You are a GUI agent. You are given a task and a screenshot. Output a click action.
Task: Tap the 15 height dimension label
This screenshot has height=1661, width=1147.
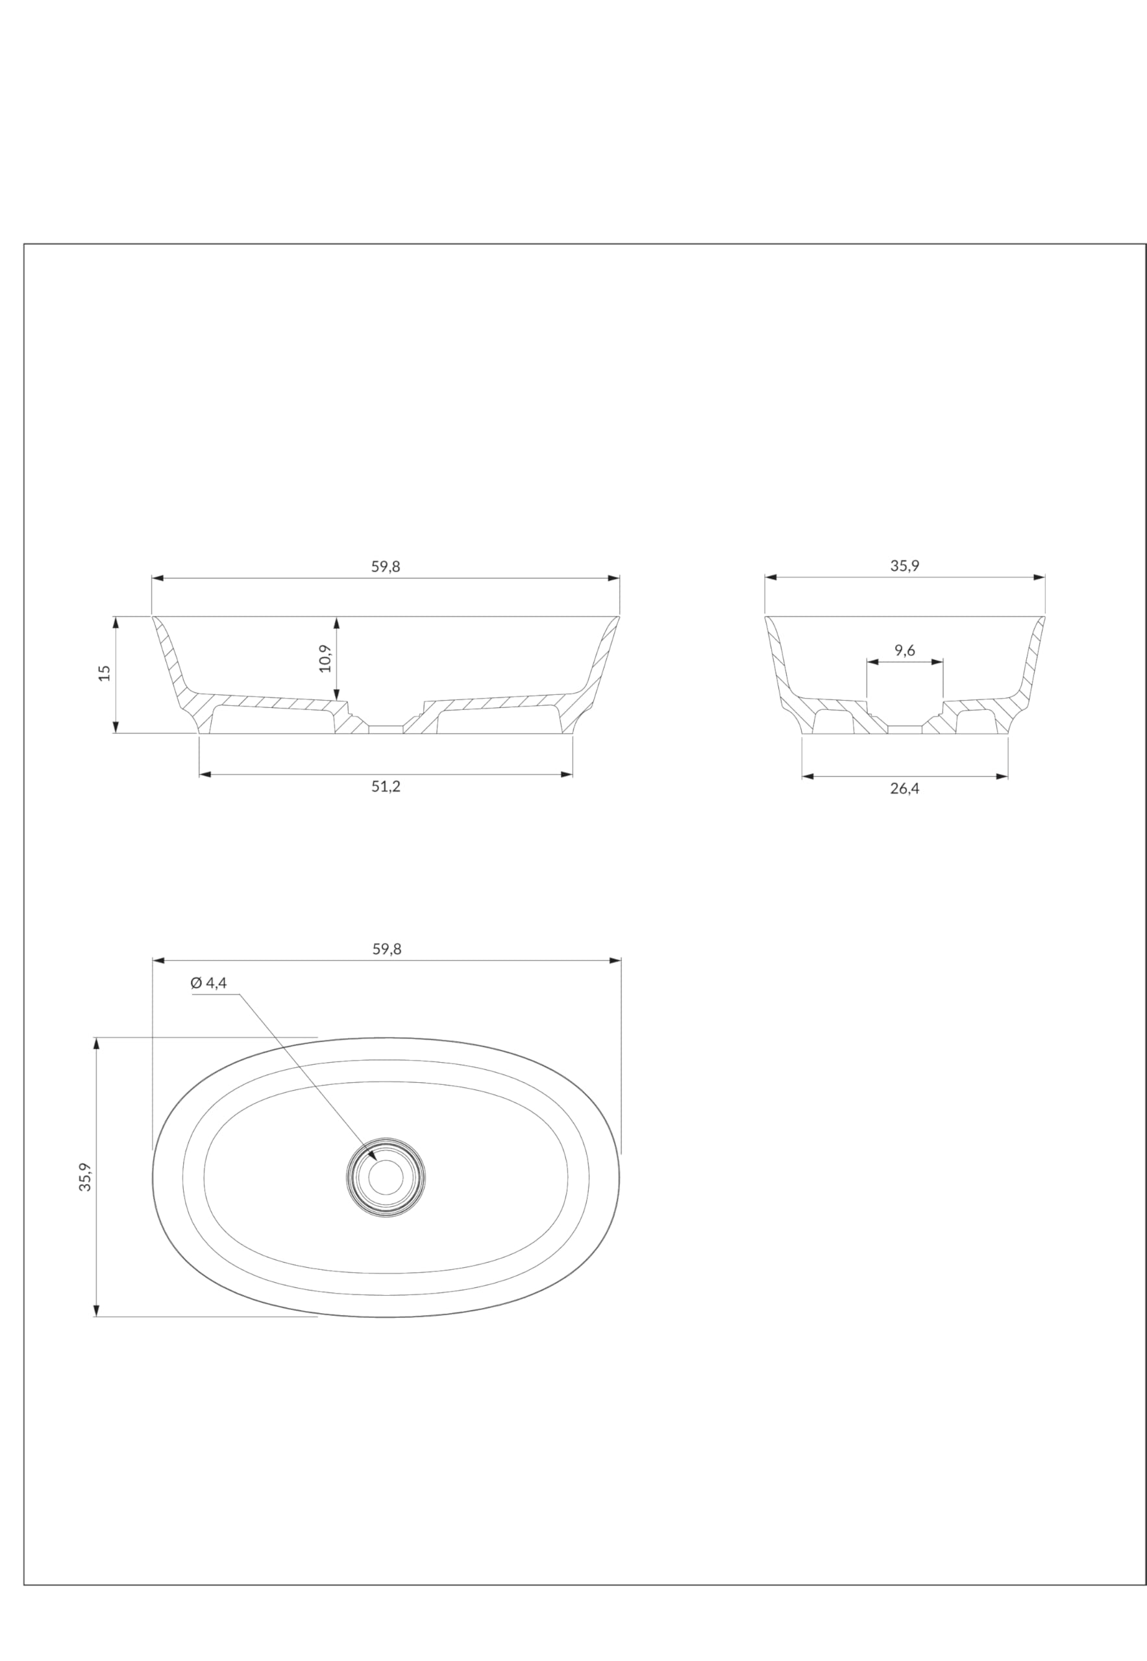click(105, 673)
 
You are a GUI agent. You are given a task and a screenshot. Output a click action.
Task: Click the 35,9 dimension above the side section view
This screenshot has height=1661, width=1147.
click(905, 565)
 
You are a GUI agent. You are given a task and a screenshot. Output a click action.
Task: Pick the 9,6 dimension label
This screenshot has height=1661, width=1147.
click(905, 650)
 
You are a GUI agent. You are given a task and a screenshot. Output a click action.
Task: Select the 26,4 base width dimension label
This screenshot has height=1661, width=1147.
click(905, 789)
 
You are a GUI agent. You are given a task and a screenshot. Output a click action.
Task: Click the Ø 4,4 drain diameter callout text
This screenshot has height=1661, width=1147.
click(208, 983)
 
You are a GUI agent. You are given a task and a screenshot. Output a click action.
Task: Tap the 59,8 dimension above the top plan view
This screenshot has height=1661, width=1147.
click(387, 949)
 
